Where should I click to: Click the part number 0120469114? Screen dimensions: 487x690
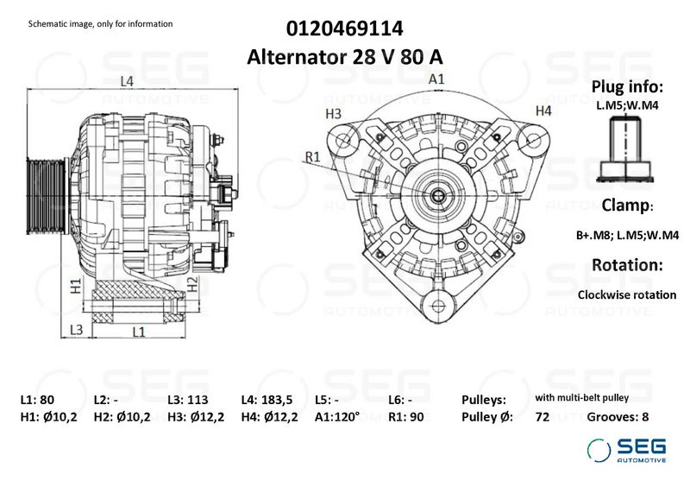tap(345, 28)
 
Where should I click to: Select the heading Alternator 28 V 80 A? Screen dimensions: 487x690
tap(345, 57)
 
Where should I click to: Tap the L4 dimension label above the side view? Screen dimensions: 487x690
tap(127, 81)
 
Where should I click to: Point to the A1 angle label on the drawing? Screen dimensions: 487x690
tap(437, 79)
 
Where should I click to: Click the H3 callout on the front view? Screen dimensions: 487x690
tap(334, 113)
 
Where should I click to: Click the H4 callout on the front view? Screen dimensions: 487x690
tap(543, 111)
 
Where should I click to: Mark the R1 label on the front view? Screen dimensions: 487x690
tap(313, 156)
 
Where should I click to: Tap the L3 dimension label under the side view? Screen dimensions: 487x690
tap(76, 330)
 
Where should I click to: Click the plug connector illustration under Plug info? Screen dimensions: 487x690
tap(627, 147)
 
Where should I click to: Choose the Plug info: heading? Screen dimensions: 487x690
tap(627, 87)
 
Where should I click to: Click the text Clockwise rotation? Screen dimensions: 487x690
tap(627, 294)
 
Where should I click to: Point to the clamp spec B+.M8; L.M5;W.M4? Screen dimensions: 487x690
tap(627, 235)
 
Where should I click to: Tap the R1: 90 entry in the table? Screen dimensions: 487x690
tap(409, 417)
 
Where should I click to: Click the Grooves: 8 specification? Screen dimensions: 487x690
tap(618, 417)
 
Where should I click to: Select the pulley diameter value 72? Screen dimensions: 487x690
tap(543, 417)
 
